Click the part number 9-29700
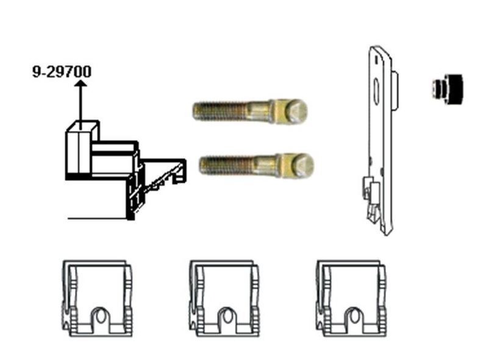62,71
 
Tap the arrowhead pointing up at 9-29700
81,83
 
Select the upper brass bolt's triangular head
296,111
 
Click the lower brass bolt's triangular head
302,165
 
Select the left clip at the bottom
98,298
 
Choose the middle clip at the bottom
224,298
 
